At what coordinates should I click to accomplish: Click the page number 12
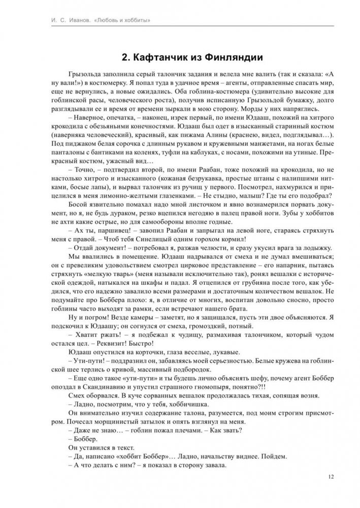[x=331, y=476]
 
